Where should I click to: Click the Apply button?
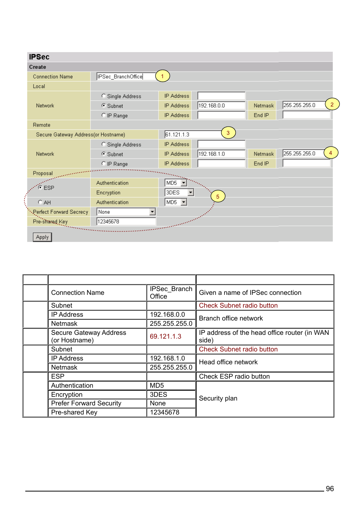pyautogui.click(x=42, y=237)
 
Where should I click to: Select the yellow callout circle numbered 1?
pyautogui.click(x=162, y=76)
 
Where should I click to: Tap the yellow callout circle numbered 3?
pyautogui.click(x=228, y=133)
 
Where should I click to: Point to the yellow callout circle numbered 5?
pyautogui.click(x=218, y=197)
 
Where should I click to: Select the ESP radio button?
pyautogui.click(x=40, y=187)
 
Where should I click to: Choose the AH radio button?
pyautogui.click(x=40, y=202)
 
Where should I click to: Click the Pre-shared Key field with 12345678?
pyautogui.click(x=126, y=222)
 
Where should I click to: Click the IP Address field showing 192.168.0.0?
pyautogui.click(x=221, y=106)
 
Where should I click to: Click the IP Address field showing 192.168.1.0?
pyautogui.click(x=221, y=154)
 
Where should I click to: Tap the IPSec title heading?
pyautogui.click(x=39, y=57)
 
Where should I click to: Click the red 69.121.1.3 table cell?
pyautogui.click(x=166, y=336)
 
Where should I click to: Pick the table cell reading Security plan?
pyautogui.click(x=218, y=398)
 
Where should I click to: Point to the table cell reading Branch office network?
pyautogui.click(x=231, y=318)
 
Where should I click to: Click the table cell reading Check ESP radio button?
pyautogui.click(x=234, y=376)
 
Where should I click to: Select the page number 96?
pyautogui.click(x=329, y=488)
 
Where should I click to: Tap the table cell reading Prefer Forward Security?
pyautogui.click(x=86, y=403)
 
